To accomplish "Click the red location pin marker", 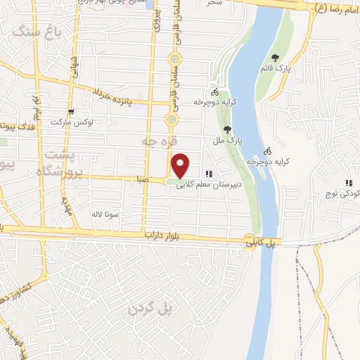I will click(x=181, y=165).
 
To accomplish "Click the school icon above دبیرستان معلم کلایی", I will click(x=208, y=174).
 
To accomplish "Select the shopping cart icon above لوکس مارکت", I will click(x=70, y=112).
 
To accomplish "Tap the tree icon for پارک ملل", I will click(x=226, y=129).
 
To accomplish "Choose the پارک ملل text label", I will click(x=230, y=141).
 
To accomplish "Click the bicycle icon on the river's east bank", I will click(x=267, y=150).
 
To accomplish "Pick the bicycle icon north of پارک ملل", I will click(x=214, y=92).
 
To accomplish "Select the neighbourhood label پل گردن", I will click(x=150, y=309).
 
